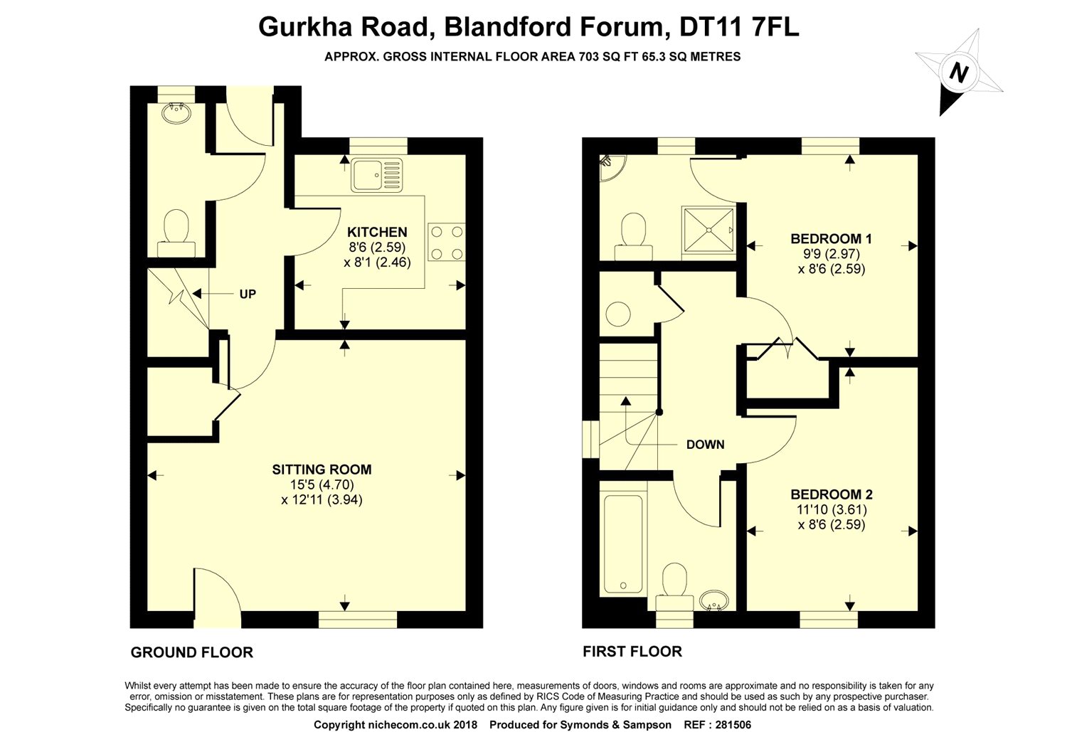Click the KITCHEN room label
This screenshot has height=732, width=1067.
click(377, 232)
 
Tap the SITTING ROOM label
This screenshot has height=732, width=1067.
click(322, 469)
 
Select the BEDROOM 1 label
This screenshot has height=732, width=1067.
click(831, 238)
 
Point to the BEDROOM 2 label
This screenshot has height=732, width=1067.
click(832, 494)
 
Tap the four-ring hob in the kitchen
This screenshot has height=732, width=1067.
click(447, 243)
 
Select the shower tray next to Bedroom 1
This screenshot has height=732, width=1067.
click(708, 229)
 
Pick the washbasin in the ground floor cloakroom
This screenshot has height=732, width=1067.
click(174, 113)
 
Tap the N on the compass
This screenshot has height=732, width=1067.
click(959, 73)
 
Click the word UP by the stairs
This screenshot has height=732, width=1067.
click(248, 294)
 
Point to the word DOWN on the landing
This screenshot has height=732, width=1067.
click(705, 445)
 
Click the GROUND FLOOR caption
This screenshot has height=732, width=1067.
click(192, 652)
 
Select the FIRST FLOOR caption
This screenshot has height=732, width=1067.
click(632, 651)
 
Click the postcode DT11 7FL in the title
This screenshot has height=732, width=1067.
click(740, 27)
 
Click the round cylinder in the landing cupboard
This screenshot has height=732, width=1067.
click(618, 314)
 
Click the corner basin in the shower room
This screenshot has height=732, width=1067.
click(610, 164)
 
